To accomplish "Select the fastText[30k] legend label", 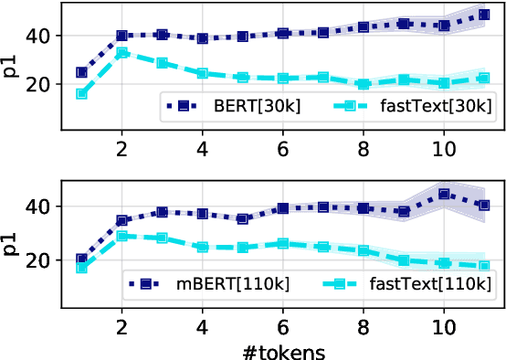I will tap(427, 106).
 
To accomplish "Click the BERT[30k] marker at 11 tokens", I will tap(484, 16).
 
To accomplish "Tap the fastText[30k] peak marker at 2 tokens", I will tap(122, 53).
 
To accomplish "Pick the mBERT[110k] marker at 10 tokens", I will tap(444, 194).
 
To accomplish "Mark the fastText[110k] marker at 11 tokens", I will tap(484, 266).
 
